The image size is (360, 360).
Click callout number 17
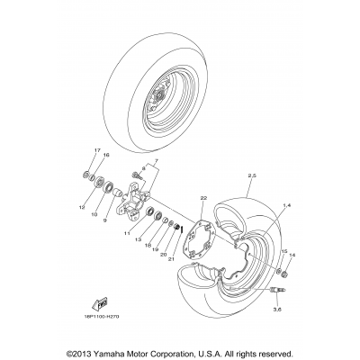tap(97, 150)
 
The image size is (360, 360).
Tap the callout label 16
tap(106, 156)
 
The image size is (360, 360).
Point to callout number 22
tap(179, 197)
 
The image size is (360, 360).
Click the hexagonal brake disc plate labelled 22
tap(191, 235)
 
